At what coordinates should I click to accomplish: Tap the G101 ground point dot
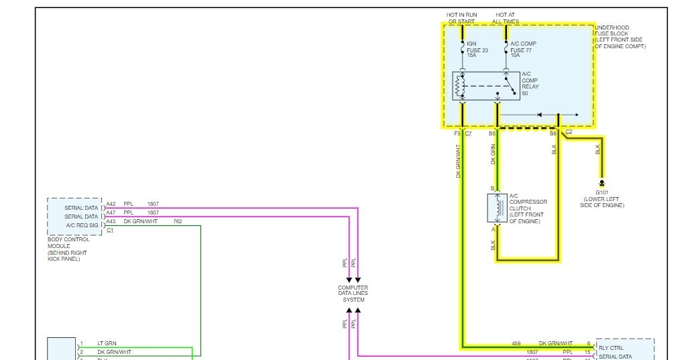tap(602, 183)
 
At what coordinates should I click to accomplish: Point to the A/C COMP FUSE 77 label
tap(523, 49)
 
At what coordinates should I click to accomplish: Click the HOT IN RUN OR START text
tap(461, 18)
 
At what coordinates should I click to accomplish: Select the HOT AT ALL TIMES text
tap(506, 18)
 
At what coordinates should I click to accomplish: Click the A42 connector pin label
tap(111, 204)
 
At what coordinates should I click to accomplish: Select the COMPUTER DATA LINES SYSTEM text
tap(353, 294)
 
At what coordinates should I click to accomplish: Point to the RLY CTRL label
tap(611, 348)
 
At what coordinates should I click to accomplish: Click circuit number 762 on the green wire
tap(178, 221)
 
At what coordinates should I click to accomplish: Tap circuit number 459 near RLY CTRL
tap(516, 343)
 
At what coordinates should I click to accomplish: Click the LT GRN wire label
tap(107, 343)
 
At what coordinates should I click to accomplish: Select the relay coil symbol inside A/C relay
tap(461, 86)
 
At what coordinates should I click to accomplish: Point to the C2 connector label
tap(569, 132)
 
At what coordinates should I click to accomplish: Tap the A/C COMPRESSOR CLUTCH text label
tap(528, 208)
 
